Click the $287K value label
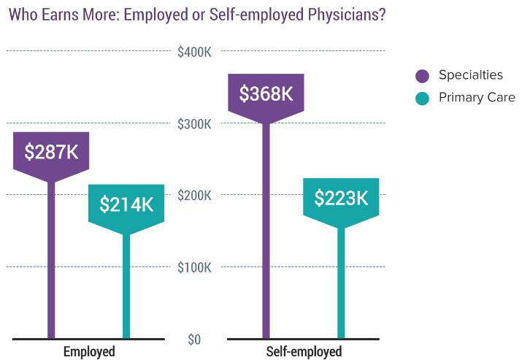(x=51, y=152)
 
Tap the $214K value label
(x=126, y=204)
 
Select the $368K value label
(x=266, y=93)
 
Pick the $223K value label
(x=341, y=197)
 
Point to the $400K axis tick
(x=194, y=52)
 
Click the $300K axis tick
(x=194, y=124)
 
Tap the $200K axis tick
(x=194, y=196)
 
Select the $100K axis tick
(x=194, y=267)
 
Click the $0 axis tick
(x=193, y=340)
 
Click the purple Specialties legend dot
(x=422, y=75)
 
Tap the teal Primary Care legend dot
(x=422, y=98)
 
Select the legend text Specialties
(x=470, y=75)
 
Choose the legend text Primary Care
(x=477, y=98)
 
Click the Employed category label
(x=89, y=351)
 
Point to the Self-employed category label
(x=304, y=351)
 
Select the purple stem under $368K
(x=266, y=234)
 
